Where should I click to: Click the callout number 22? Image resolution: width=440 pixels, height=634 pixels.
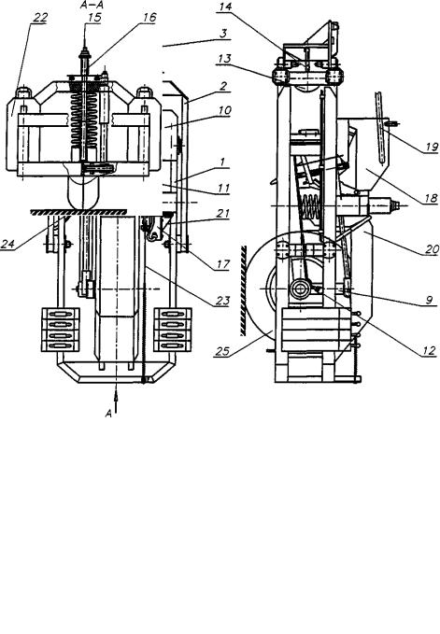40,18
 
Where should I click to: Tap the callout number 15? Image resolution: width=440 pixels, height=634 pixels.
93,18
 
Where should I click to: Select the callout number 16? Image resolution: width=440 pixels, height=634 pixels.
149,18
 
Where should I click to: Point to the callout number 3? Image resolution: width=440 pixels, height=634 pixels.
223,34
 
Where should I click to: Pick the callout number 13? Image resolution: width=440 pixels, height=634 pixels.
223,59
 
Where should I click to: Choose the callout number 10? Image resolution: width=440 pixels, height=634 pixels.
224,110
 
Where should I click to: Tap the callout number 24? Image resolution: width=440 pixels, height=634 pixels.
8,244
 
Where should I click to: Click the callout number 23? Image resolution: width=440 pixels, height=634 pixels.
222,301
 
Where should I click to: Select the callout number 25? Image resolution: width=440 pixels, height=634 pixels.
222,351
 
